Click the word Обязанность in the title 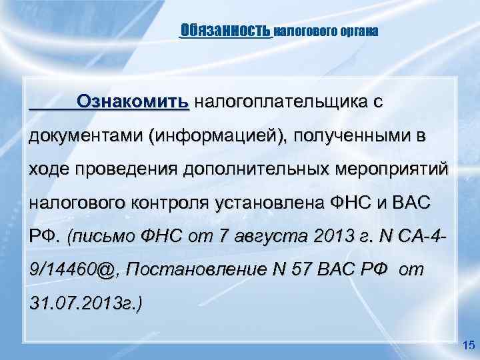tap(225, 30)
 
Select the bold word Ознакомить tap(134, 102)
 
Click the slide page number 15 tap(467, 345)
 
